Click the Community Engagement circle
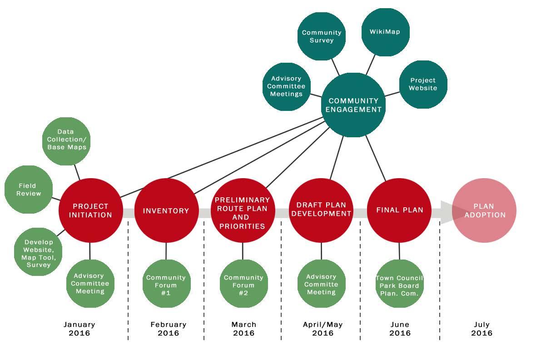tap(353, 105)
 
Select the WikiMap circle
tap(386, 32)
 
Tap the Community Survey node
tap(322, 36)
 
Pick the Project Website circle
tap(423, 84)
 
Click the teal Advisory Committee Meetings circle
tap(286, 86)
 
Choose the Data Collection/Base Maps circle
tap(66, 140)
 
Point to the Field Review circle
tap(29, 190)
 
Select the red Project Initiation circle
tap(90, 210)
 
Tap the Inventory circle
tap(166, 210)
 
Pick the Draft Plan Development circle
tap(321, 210)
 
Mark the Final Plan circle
tap(399, 210)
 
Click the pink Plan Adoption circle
tap(485, 210)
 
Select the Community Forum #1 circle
tap(166, 285)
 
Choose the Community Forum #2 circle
tap(243, 285)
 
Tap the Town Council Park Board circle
tap(400, 285)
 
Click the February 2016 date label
tap(169, 329)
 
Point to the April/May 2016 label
tap(323, 329)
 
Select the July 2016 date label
tap(482, 329)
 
